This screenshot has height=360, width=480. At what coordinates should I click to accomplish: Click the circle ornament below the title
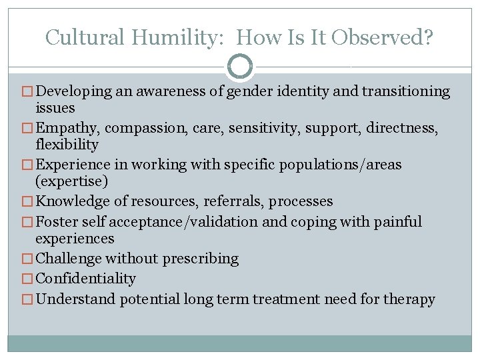240,67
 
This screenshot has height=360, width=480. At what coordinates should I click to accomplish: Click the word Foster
57,221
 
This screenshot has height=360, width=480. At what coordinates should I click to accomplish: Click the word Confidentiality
85,279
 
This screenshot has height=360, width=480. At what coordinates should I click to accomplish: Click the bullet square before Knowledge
29,202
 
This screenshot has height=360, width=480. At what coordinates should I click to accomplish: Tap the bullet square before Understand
29,299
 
